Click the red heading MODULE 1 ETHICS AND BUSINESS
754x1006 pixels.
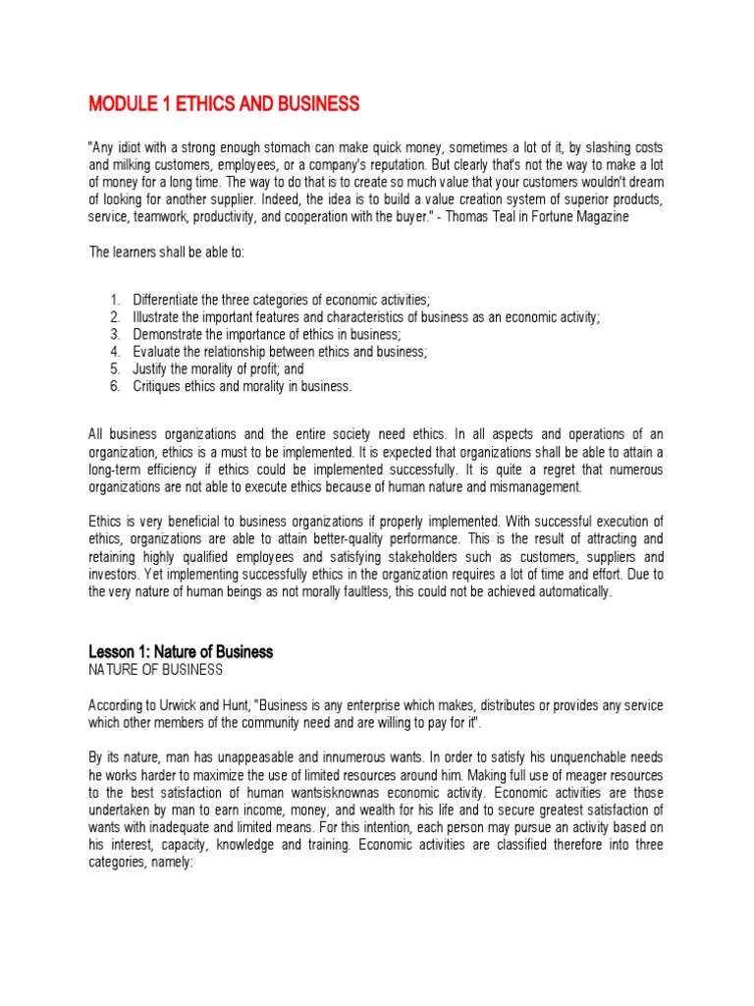[x=224, y=103]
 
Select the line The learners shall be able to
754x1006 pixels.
[x=169, y=251]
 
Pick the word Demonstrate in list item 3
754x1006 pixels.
[x=170, y=334]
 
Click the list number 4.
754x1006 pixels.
[x=114, y=352]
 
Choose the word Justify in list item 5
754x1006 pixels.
[x=151, y=369]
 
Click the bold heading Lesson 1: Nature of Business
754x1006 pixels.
[x=181, y=651]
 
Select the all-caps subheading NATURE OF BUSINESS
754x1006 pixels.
[x=156, y=670]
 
